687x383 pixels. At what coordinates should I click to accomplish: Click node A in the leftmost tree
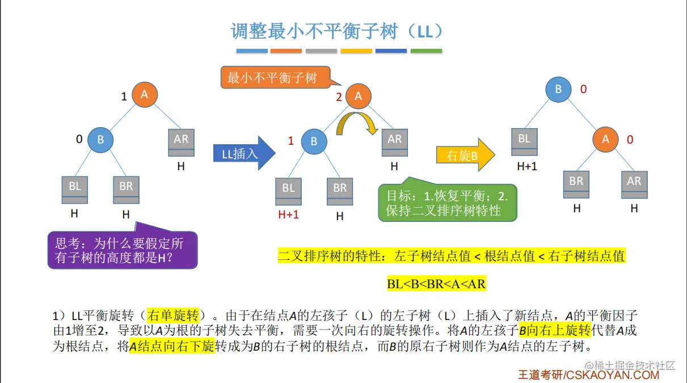click(145, 95)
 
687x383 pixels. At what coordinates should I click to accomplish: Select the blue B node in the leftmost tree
click(100, 140)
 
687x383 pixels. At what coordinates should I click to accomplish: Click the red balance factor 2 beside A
click(339, 97)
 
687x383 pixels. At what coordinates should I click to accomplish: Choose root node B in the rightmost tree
click(558, 90)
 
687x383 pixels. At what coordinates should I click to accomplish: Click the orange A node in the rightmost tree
click(606, 140)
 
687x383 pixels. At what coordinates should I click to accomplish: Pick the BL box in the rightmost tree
click(524, 142)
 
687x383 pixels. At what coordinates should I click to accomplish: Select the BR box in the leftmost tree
click(126, 190)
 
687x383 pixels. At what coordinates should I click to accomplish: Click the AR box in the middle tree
click(394, 143)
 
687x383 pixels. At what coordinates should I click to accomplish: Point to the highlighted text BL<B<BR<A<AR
click(437, 284)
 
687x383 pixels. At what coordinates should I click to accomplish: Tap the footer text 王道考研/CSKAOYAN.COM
click(588, 375)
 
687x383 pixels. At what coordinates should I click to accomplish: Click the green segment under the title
click(426, 51)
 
